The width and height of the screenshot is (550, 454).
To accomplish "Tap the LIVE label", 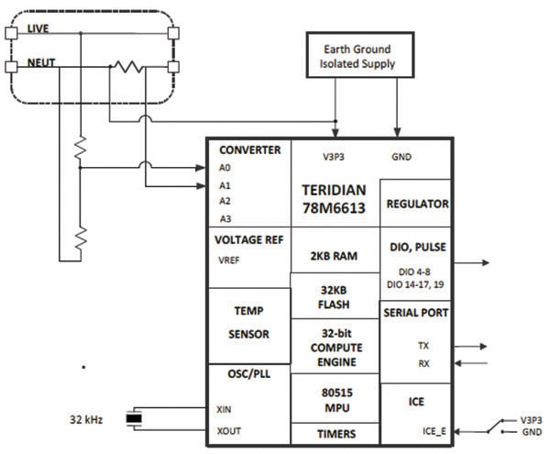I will point(38,30).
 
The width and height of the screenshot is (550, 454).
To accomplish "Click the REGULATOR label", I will point(415,204).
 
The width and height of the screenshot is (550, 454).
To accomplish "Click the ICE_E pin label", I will point(427,431).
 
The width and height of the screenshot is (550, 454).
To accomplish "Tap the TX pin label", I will point(422,347).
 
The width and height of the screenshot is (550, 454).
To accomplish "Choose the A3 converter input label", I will point(225,218).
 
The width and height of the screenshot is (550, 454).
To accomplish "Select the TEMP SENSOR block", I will point(247,323).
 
